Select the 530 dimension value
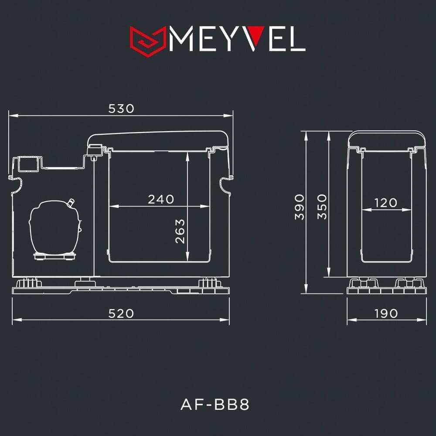[x=121, y=109]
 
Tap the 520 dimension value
[x=121, y=313]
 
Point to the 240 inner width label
[x=161, y=199]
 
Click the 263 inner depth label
[x=180, y=231]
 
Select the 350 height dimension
[x=322, y=207]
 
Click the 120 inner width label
[x=386, y=203]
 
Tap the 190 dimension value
[x=386, y=313]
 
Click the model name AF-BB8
[x=215, y=404]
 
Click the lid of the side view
[x=387, y=139]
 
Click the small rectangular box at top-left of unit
[x=28, y=163]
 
